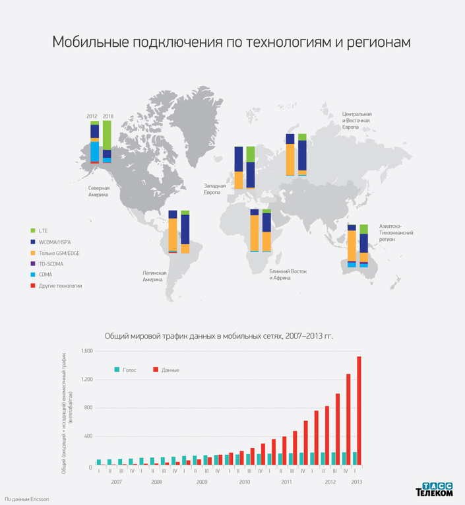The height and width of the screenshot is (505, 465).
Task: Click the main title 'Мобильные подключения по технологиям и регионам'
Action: (232, 42)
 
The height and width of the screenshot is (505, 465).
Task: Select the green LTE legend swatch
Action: (33, 230)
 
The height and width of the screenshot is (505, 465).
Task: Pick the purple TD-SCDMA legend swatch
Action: (33, 263)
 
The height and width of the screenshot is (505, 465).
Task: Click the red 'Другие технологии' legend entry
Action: (60, 286)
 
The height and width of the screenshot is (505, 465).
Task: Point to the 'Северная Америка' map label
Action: (99, 191)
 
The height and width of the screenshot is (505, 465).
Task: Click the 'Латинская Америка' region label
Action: (154, 276)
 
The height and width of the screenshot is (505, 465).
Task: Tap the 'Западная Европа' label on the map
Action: (214, 189)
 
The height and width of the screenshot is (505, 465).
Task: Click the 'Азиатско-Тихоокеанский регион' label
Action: (394, 232)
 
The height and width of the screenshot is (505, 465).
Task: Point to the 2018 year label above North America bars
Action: (108, 116)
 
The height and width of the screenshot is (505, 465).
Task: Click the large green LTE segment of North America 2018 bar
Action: (107, 135)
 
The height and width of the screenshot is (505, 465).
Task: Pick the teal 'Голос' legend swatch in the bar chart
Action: (117, 370)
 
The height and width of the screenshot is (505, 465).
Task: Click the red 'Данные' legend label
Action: (170, 370)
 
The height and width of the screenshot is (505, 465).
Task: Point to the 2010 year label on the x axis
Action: (244, 483)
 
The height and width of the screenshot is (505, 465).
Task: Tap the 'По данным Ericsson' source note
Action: (22, 499)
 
